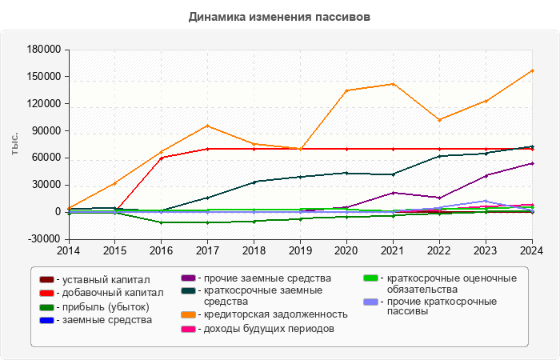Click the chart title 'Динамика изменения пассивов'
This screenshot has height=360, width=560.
point(280,17)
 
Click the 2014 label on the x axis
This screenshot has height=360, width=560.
point(69,251)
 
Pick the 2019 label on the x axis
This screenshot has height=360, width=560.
point(300,251)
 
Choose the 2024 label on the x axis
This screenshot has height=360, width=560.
point(532,251)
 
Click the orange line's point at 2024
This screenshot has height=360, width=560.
point(532,70)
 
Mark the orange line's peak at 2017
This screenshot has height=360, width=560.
point(208,126)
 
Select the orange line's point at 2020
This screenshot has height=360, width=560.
point(346,90)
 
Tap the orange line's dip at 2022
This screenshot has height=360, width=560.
point(439,120)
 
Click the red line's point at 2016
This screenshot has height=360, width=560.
point(162,158)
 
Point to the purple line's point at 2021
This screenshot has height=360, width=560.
point(393,193)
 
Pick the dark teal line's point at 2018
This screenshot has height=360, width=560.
point(254,182)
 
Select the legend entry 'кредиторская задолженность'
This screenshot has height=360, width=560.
point(274,314)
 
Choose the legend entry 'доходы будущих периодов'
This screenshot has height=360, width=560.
point(268,329)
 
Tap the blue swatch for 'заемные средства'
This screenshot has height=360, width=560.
point(46,320)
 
